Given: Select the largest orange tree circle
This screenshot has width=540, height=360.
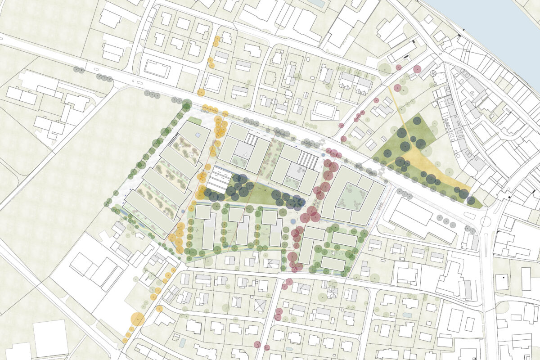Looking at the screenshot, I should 138,319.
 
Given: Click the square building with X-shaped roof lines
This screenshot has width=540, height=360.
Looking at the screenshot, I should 260,306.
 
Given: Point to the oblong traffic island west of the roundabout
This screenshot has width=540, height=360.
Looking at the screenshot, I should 470,215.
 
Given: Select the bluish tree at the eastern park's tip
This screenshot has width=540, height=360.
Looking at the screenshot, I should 471,201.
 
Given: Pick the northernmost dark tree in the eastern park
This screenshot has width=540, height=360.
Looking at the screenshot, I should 417,121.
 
